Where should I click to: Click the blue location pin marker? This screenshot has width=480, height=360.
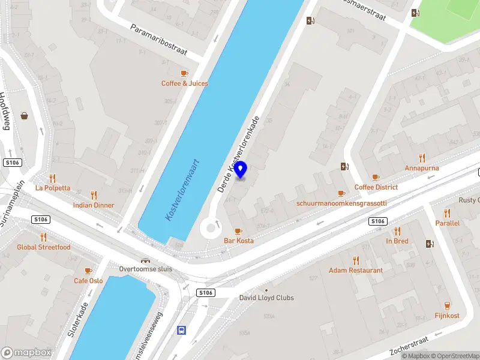click(241, 170)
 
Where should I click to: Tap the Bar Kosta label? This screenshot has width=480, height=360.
click(238, 241)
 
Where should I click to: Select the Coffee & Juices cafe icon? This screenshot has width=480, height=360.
click(184, 73)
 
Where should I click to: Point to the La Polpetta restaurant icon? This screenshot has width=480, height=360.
click(52, 178)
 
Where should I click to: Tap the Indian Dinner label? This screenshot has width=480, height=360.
click(93, 205)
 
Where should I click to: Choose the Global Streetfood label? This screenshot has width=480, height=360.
click(43, 247)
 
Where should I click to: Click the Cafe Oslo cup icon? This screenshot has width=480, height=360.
click(88, 271)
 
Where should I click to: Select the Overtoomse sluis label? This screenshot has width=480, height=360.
click(145, 269)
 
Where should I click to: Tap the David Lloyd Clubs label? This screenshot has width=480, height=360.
click(266, 298)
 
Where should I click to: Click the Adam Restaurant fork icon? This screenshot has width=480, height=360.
click(355, 260)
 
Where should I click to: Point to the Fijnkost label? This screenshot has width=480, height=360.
click(447, 316)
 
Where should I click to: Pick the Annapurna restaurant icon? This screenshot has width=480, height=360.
click(422, 158)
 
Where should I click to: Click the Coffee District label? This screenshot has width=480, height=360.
click(376, 187)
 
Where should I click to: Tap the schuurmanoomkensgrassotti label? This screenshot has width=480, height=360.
click(341, 203)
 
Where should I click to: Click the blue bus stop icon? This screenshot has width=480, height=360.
click(181, 330)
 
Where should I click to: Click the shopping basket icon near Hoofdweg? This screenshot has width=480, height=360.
click(25, 115)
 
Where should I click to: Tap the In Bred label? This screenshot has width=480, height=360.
click(397, 241)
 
